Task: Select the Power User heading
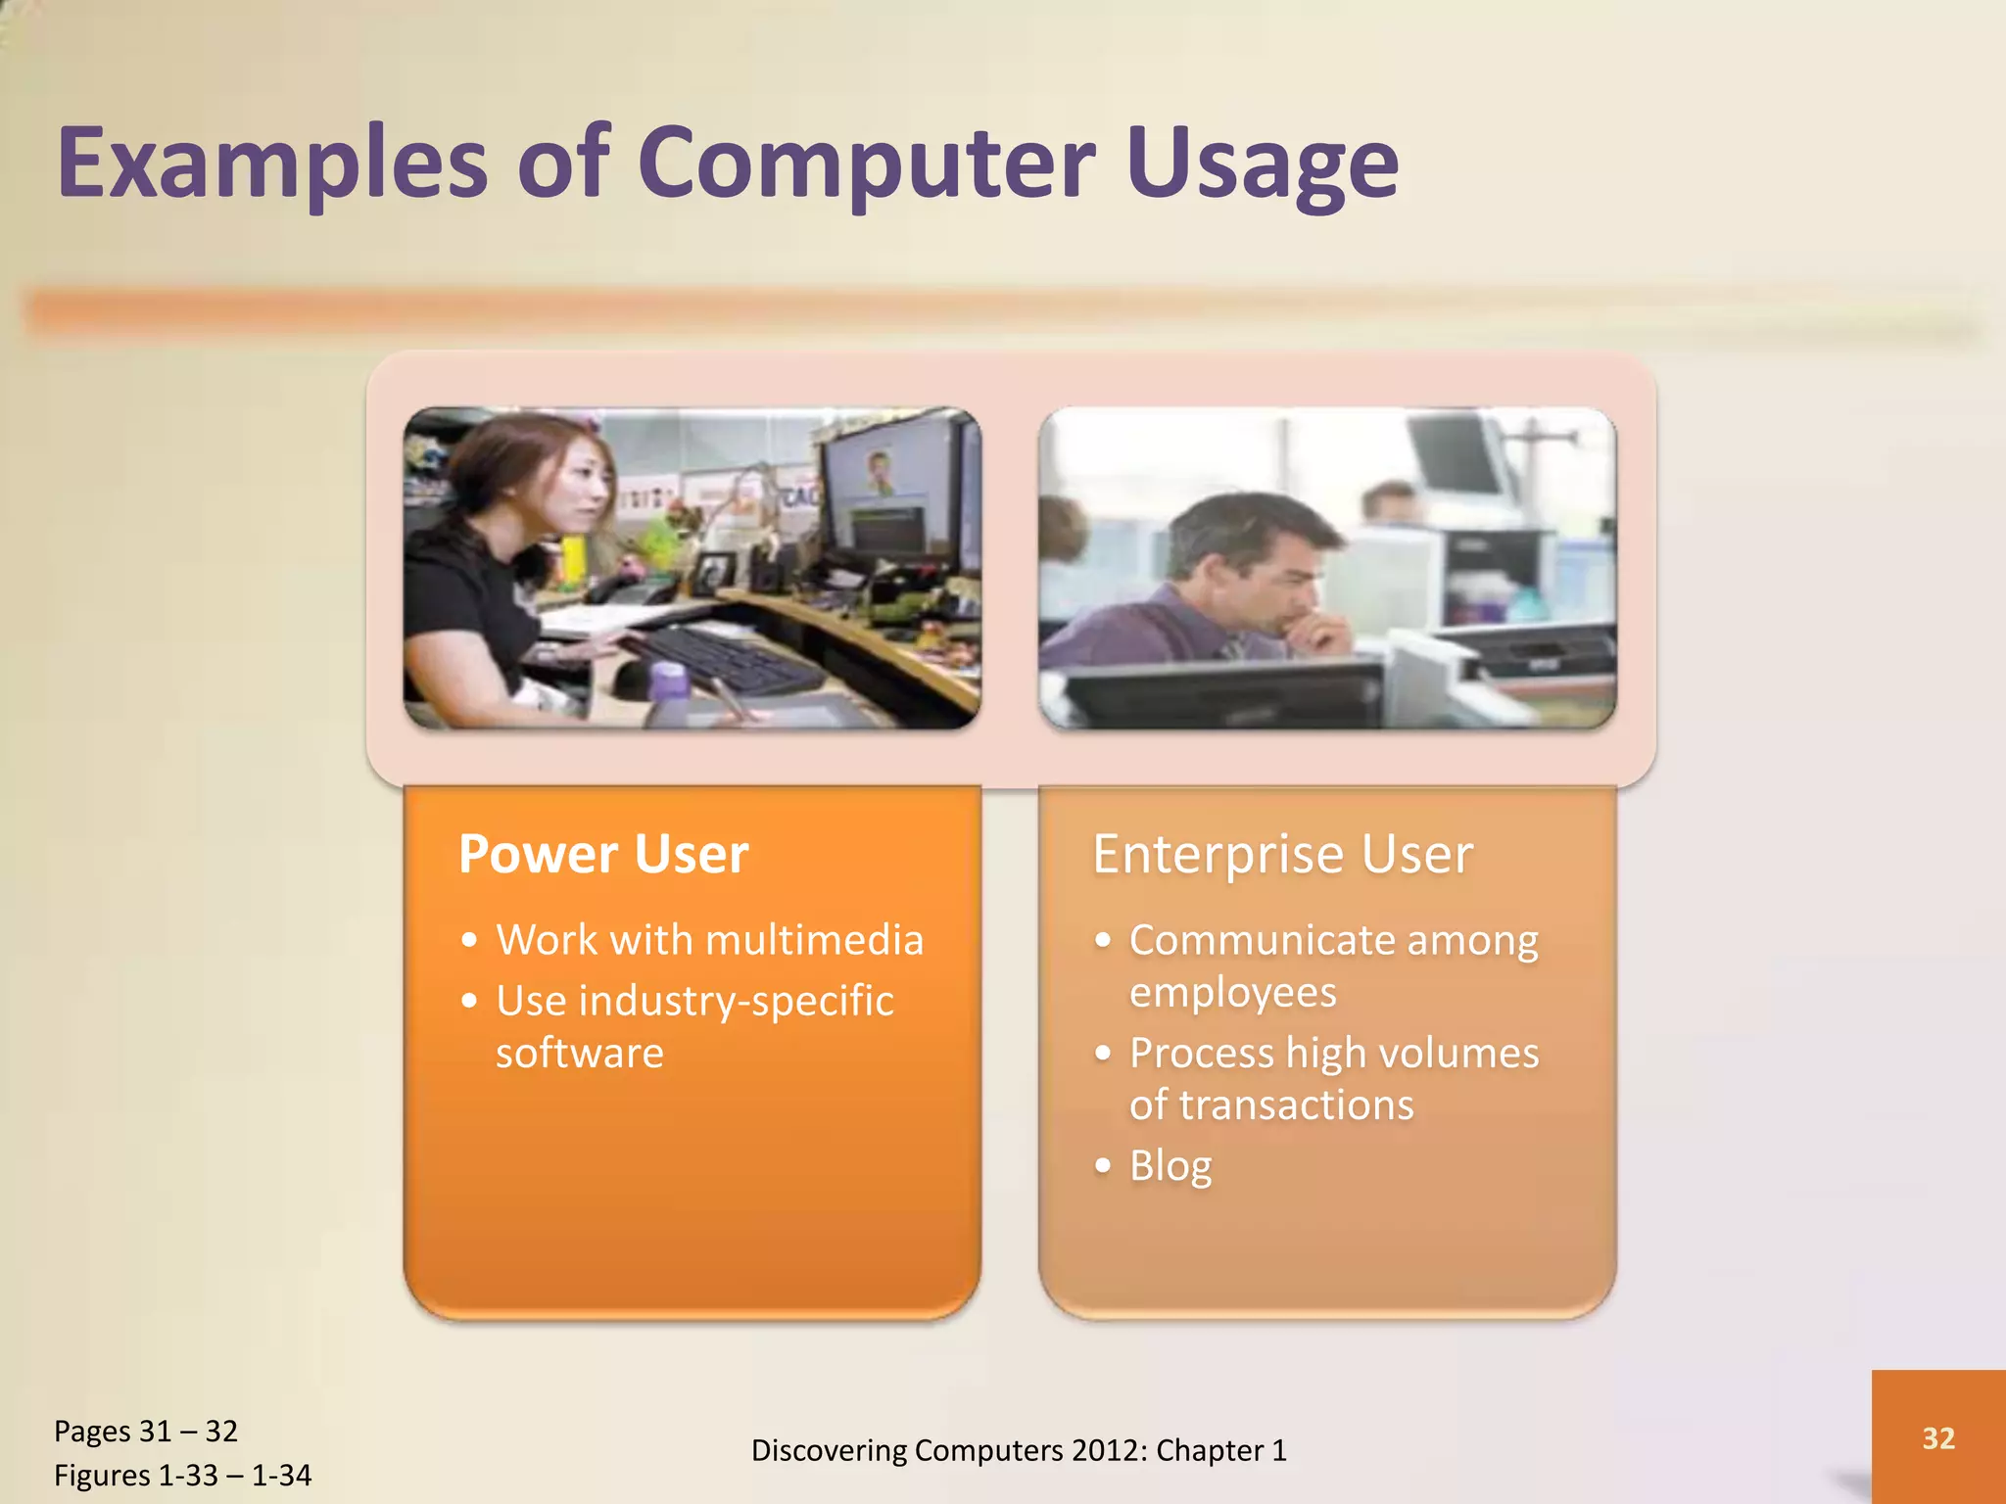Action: [603, 854]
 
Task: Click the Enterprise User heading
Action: [1282, 854]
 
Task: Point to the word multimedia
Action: [814, 940]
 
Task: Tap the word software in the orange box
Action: [579, 1054]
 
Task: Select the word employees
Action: [1232, 993]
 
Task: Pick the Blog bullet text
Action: [1170, 1166]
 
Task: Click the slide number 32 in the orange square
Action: [1937, 1437]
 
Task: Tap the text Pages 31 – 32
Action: [146, 1432]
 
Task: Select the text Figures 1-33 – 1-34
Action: [182, 1476]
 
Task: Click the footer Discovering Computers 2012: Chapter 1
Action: [1019, 1450]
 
